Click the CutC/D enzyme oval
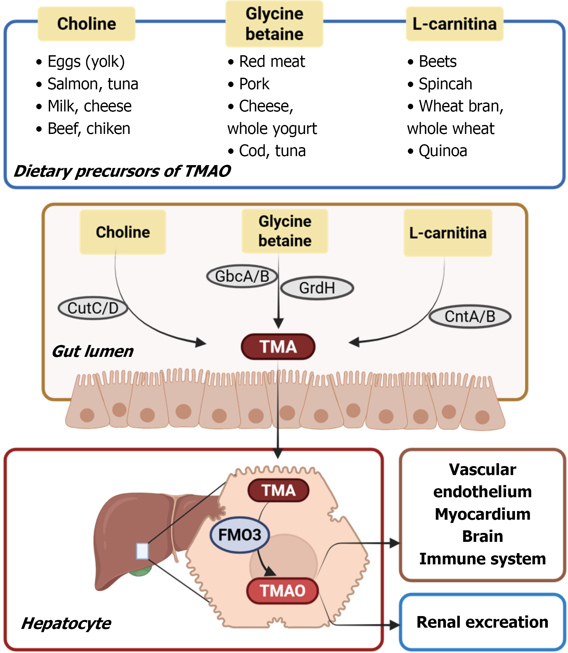pyautogui.click(x=93, y=308)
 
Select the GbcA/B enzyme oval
pyautogui.click(x=242, y=276)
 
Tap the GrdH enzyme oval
pyautogui.click(x=317, y=288)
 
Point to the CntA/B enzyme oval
pyautogui.click(x=470, y=316)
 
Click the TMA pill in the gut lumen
pyautogui.click(x=278, y=347)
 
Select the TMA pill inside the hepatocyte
pyautogui.click(x=278, y=490)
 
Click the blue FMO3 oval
pyautogui.click(x=239, y=535)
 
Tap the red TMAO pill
pyautogui.click(x=282, y=591)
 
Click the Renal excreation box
pyautogui.click(x=482, y=622)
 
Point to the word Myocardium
pyautogui.click(x=482, y=514)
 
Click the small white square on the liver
pyautogui.click(x=142, y=551)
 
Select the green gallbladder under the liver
pyautogui.click(x=140, y=572)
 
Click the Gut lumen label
pyautogui.click(x=93, y=351)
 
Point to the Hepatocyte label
pyautogui.click(x=66, y=623)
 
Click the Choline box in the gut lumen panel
pyautogui.click(x=123, y=232)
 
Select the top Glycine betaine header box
pyautogui.click(x=274, y=24)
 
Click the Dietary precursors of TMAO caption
pyautogui.click(x=122, y=171)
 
